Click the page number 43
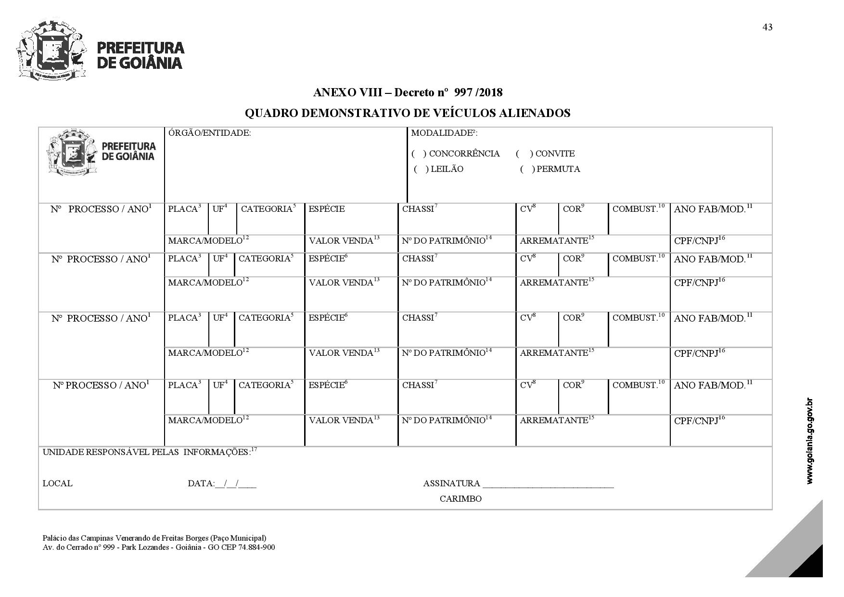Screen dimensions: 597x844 pos(767,27)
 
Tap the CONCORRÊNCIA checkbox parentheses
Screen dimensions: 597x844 pos(419,154)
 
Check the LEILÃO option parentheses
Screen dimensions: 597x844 pos(421,169)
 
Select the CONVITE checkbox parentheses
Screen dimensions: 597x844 pos(524,154)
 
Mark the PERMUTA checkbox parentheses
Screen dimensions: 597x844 pos(527,169)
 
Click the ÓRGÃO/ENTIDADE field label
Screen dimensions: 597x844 pos(209,133)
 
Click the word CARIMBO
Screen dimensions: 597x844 pos(460,499)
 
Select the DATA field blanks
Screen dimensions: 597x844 pos(236,484)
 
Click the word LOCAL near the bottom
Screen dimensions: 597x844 pos(57,483)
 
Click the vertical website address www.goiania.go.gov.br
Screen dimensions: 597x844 pos(809,441)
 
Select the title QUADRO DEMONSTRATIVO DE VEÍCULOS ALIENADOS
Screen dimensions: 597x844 pos(407,113)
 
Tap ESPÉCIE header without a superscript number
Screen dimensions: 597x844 pos(326,209)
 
